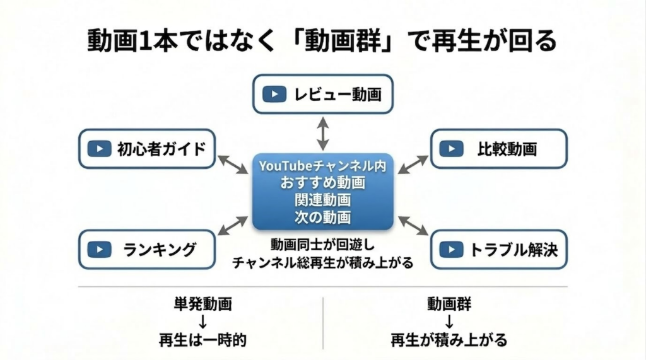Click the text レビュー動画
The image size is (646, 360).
click(338, 95)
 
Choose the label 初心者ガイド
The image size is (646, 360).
click(161, 149)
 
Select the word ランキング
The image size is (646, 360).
click(159, 249)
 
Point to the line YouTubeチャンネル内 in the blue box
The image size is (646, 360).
click(322, 166)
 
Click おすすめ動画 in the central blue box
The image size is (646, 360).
click(322, 183)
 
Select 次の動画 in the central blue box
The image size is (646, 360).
click(322, 218)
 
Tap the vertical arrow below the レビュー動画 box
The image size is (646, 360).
click(322, 133)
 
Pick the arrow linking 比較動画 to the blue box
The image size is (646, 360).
click(413, 164)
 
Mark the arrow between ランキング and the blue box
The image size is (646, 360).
click(233, 224)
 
